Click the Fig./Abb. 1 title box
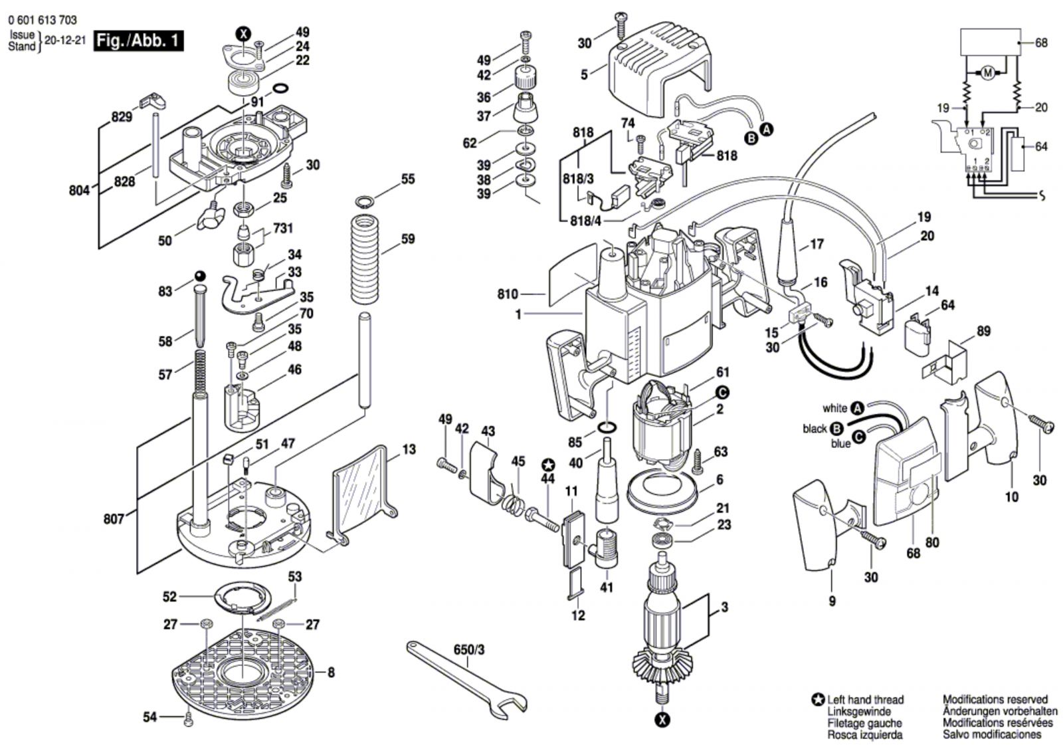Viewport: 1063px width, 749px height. click(x=138, y=41)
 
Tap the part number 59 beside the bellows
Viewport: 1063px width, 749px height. click(x=407, y=239)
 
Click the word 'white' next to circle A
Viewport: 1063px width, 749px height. click(x=834, y=408)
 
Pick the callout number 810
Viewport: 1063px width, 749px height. click(x=508, y=293)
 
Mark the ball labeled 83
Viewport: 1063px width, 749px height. click(x=199, y=276)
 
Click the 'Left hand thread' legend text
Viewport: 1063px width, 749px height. click(x=865, y=700)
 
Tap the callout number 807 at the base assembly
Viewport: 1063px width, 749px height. click(x=114, y=518)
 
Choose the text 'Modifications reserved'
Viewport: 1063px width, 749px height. click(x=995, y=700)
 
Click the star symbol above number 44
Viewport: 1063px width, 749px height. click(x=547, y=464)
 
